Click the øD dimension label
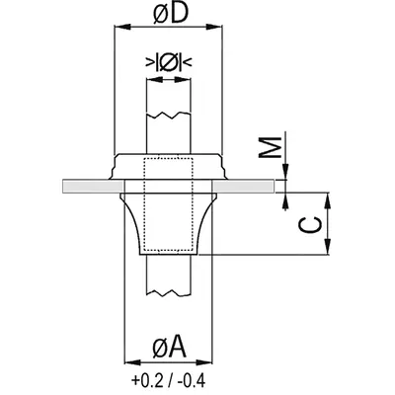[171, 14]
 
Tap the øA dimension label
[170, 347]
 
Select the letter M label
[270, 147]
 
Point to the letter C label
[310, 225]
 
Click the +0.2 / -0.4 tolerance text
[168, 381]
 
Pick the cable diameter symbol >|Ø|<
[169, 61]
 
